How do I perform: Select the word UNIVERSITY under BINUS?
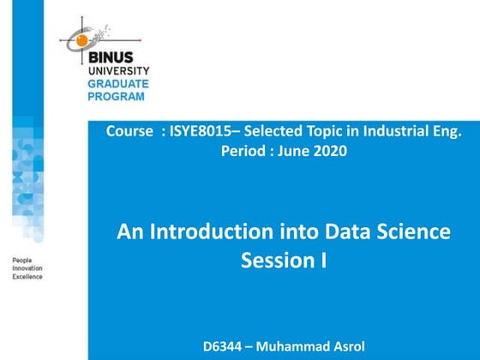pos(118,71)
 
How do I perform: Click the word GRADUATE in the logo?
pos(118,83)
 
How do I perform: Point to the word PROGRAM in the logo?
pos(117,95)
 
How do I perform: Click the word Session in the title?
pos(273,261)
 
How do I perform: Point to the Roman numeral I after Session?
pos(324,261)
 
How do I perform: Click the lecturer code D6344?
pos(225,346)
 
